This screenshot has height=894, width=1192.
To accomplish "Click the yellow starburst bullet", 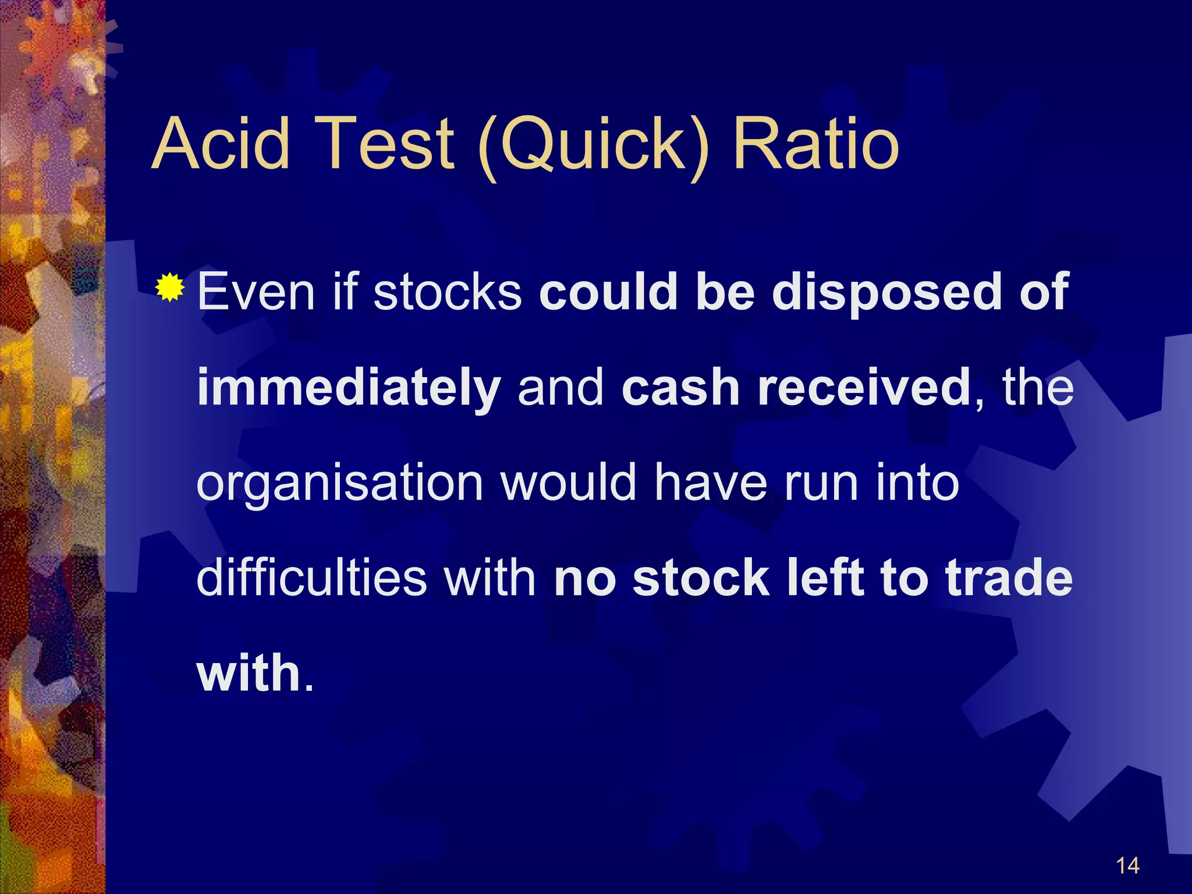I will point(170,287).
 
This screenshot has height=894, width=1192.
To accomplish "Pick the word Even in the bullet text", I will point(256,292).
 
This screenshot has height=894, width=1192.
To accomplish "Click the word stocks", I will point(447,292).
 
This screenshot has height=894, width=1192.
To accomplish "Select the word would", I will point(568,483).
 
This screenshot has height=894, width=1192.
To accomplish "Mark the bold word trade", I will point(1009,578).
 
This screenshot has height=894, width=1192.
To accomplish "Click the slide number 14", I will point(1127,865).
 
